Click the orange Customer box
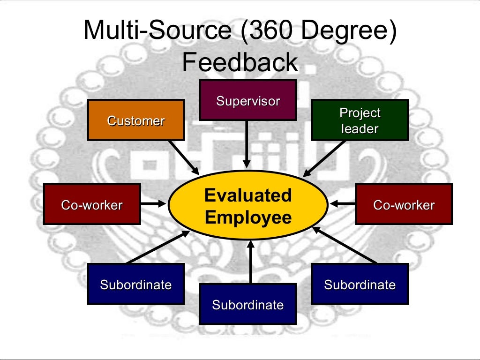point(135,120)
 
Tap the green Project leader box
point(360,120)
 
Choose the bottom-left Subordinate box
point(135,284)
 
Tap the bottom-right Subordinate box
point(360,284)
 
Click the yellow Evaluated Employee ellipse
point(247,206)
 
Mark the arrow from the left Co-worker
point(154,204)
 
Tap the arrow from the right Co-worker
point(342,204)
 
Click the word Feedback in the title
point(240,62)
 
